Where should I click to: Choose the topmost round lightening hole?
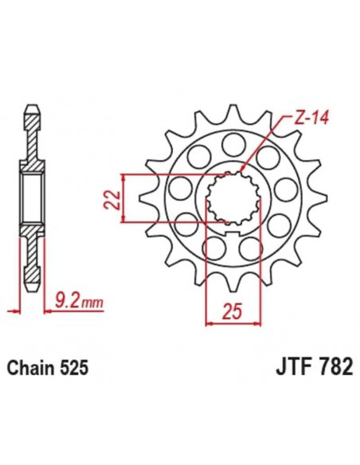pos(232,145)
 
